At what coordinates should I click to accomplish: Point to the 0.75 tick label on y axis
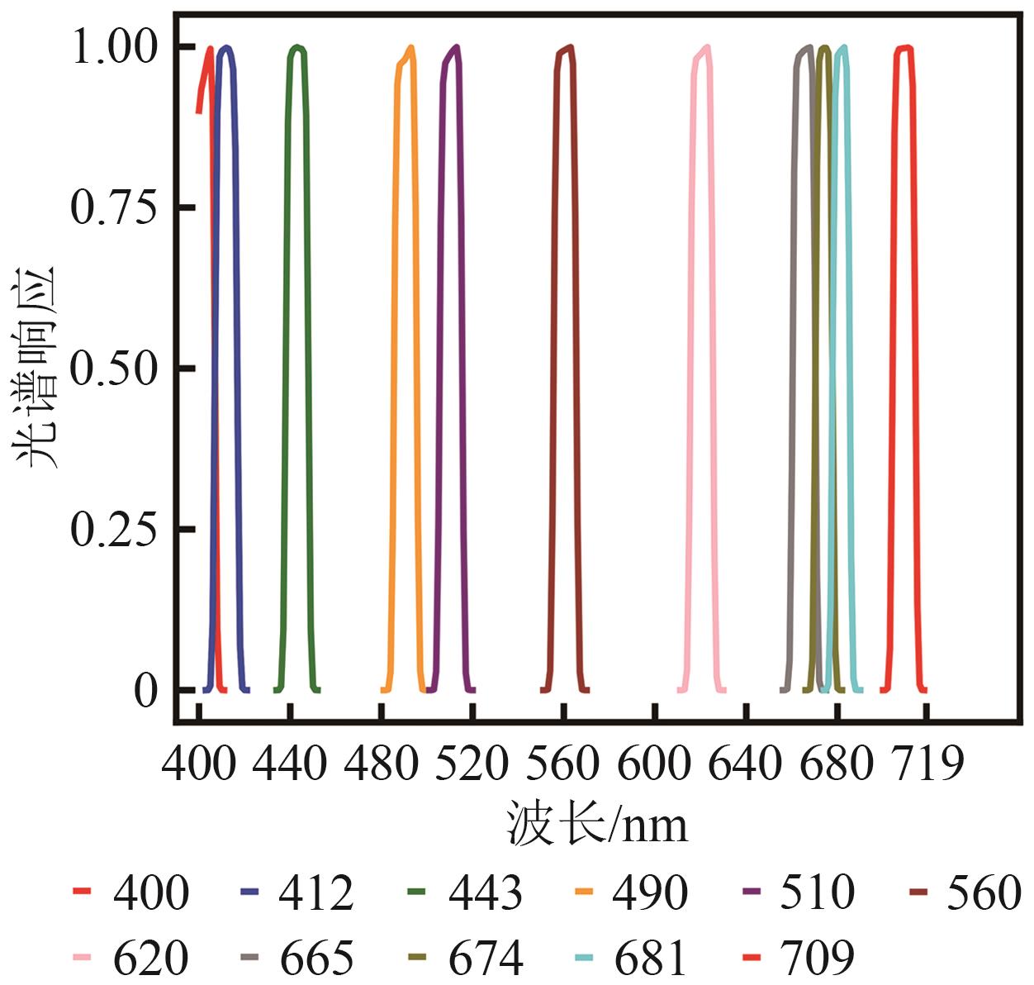(x=113, y=207)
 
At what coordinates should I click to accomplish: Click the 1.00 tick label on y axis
(x=113, y=46)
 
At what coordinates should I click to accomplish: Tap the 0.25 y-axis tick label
(x=113, y=528)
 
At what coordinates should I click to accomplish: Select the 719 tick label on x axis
(x=927, y=763)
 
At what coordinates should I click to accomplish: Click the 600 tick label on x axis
(x=653, y=763)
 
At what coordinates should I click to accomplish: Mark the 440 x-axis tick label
(x=290, y=763)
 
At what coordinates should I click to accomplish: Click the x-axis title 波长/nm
(x=597, y=824)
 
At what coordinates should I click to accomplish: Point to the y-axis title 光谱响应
(x=36, y=367)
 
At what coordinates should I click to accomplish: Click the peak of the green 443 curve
(x=296, y=47)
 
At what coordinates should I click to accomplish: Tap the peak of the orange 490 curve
(x=410, y=47)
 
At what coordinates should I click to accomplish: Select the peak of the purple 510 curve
(x=456, y=47)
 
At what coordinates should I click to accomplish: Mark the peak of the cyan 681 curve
(x=843, y=47)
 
